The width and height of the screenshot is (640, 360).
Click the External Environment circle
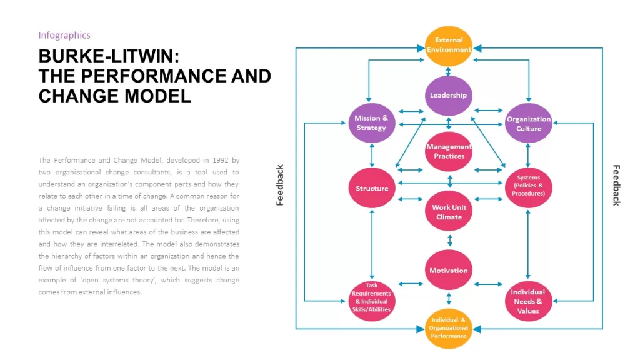point(449,46)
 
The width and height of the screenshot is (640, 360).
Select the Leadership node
point(449,96)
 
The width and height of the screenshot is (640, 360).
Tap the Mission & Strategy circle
point(371,123)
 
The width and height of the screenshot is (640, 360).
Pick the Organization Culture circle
point(529,123)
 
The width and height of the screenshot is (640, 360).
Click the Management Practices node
point(449,151)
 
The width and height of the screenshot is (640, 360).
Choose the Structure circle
point(371,187)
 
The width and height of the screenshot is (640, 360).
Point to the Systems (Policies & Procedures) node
point(529,187)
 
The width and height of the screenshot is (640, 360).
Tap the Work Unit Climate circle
point(449,211)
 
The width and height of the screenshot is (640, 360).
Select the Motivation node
point(449,270)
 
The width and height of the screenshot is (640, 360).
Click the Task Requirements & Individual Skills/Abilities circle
point(371,301)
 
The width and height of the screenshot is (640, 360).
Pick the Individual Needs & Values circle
point(529,301)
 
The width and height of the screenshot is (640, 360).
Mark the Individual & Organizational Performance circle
point(449,329)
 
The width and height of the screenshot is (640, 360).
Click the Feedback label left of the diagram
point(279,185)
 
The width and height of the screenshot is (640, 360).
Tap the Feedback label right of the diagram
point(616,185)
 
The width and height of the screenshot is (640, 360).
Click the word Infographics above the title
point(64,36)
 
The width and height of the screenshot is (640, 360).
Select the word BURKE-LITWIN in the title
point(109,56)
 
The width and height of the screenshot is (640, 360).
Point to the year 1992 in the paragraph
point(221,160)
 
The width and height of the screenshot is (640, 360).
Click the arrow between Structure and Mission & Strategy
point(372,156)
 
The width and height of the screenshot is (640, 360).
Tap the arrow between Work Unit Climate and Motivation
point(450,240)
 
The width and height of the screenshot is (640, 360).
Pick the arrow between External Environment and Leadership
point(449,71)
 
